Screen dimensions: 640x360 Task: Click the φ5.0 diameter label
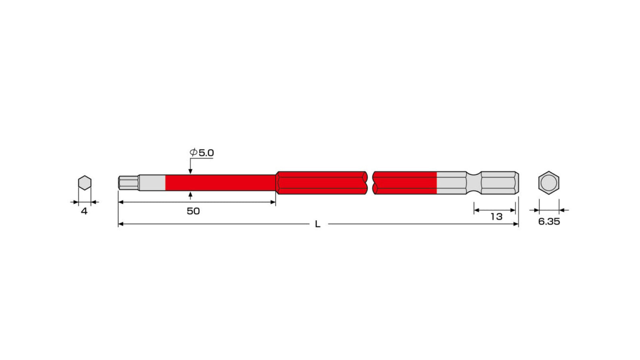point(202,152)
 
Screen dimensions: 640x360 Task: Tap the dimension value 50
point(193,211)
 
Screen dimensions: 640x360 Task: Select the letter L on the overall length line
point(318,224)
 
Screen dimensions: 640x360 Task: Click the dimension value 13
point(496,217)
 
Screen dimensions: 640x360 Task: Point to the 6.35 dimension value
point(549,222)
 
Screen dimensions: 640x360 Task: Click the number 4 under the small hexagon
point(84,211)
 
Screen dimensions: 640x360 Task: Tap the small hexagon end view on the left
point(84,183)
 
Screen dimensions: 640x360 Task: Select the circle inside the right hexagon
point(548,183)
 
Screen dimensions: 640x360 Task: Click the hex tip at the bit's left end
point(128,183)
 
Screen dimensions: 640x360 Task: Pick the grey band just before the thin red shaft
point(152,183)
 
